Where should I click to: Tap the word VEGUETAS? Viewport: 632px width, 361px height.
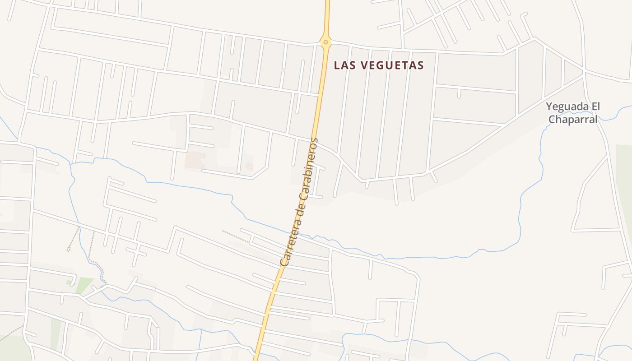(x=392, y=65)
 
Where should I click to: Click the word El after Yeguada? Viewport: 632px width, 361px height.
(x=595, y=107)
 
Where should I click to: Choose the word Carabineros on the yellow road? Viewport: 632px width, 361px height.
(x=311, y=163)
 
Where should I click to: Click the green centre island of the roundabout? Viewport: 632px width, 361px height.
(x=325, y=42)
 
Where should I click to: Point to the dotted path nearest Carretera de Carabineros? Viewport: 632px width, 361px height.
(x=235, y=236)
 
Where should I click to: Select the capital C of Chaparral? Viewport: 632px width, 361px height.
(x=551, y=120)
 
